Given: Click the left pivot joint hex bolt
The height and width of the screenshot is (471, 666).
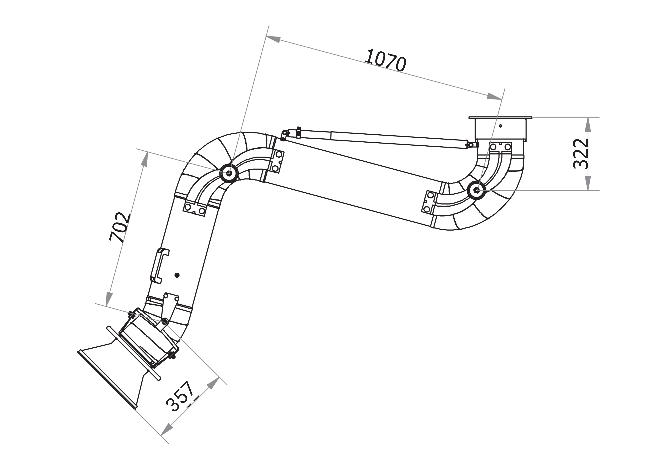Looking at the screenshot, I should (229, 173).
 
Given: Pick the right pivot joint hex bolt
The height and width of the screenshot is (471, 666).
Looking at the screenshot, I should (477, 190).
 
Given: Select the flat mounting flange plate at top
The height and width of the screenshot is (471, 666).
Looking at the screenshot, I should (500, 118).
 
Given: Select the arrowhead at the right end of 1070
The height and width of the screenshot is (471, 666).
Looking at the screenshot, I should (494, 97).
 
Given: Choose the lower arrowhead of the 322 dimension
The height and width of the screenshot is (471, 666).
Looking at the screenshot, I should (588, 183).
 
